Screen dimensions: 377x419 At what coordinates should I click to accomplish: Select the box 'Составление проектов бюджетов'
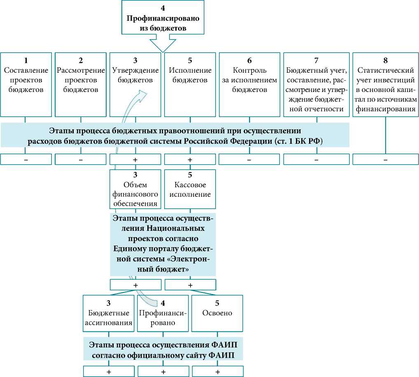point(26,84)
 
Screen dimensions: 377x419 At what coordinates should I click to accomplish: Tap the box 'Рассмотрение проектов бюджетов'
point(81,84)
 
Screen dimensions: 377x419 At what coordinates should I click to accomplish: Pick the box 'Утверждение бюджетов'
point(135,84)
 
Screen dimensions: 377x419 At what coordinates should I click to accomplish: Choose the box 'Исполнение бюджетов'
point(190,84)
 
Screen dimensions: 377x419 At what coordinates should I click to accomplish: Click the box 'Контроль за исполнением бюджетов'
point(249,84)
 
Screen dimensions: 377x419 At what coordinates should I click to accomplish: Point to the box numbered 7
point(317,84)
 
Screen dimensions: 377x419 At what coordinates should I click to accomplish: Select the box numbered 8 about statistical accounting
point(385,84)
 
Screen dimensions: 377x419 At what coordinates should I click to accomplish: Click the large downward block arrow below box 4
point(163,44)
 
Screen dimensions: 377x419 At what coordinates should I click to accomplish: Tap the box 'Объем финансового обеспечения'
point(135,189)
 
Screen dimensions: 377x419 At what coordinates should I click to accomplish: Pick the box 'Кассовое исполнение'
point(190,189)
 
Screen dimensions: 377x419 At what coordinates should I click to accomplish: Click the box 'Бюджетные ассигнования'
point(108,313)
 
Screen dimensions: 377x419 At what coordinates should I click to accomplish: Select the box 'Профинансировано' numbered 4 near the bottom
point(163,313)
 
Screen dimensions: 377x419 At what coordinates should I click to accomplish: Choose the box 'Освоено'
point(217,313)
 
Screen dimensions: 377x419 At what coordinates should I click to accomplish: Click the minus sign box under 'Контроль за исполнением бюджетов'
point(249,159)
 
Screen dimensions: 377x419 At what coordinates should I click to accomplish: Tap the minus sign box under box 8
point(385,159)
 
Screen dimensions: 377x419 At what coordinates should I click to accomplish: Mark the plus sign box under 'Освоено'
point(217,372)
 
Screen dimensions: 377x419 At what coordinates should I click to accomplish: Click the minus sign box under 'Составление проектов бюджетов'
point(26,159)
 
